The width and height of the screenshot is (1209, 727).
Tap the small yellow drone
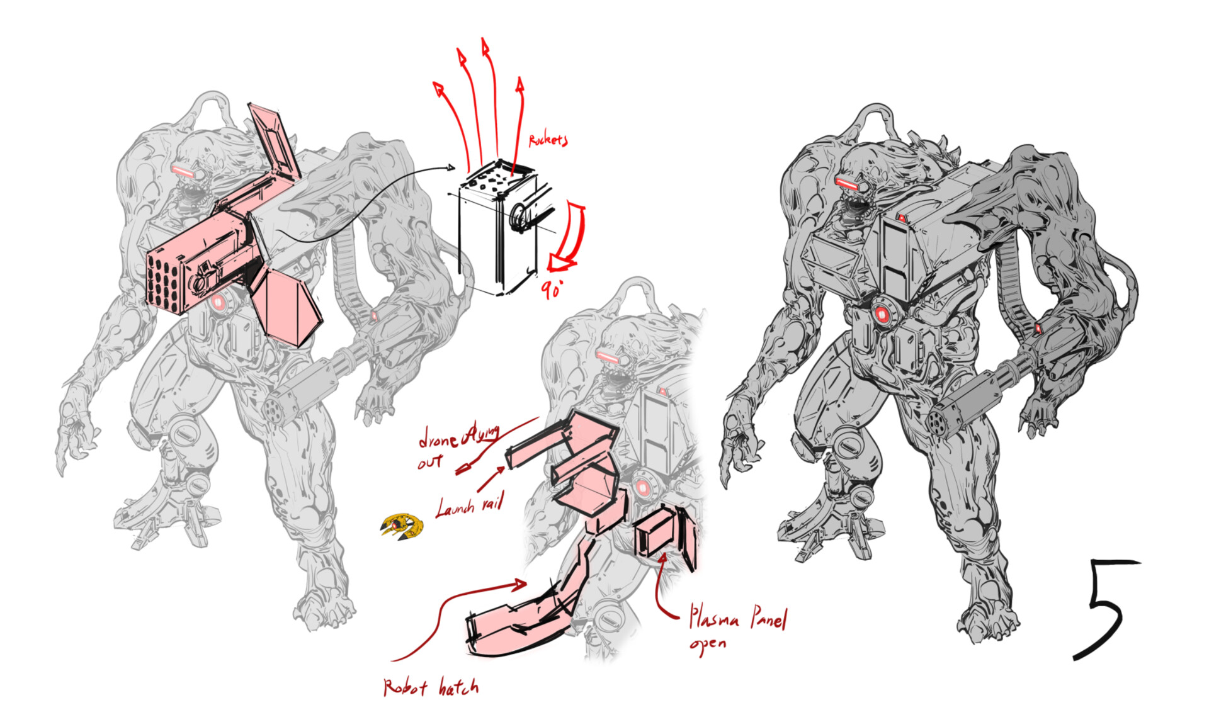(402, 526)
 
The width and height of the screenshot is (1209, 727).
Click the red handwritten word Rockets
(548, 140)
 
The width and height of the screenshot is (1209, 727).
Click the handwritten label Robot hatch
(431, 687)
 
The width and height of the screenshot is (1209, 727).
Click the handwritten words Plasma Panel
(737, 617)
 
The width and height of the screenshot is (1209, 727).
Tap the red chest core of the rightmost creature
(881, 313)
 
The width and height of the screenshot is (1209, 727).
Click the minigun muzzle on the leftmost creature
(277, 410)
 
